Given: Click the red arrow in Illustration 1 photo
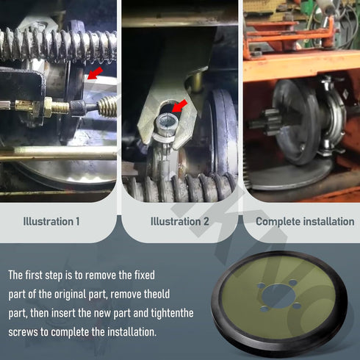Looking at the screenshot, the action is pyautogui.click(x=95, y=73).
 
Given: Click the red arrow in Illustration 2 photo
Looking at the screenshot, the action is pyautogui.click(x=179, y=106).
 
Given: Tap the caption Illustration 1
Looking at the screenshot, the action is pyautogui.click(x=51, y=222).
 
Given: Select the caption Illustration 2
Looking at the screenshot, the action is pyautogui.click(x=180, y=222).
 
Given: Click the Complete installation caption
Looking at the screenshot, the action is pyautogui.click(x=305, y=222).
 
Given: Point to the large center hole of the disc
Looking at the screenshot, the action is pyautogui.click(x=278, y=296).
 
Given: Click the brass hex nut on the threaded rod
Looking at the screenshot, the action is pyautogui.click(x=48, y=107).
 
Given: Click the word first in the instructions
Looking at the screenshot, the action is pyautogui.click(x=34, y=275).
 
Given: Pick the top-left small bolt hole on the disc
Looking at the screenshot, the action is pyautogui.click(x=261, y=286).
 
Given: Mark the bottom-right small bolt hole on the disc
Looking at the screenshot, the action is pyautogui.click(x=297, y=306).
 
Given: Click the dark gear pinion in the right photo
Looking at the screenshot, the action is pyautogui.click(x=267, y=122).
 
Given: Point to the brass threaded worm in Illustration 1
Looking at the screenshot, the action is pyautogui.click(x=108, y=106).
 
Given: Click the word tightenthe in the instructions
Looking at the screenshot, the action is pyautogui.click(x=172, y=313).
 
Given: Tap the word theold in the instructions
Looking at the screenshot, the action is pyautogui.click(x=156, y=294).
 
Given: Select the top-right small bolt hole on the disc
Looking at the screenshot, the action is pyautogui.click(x=293, y=283).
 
